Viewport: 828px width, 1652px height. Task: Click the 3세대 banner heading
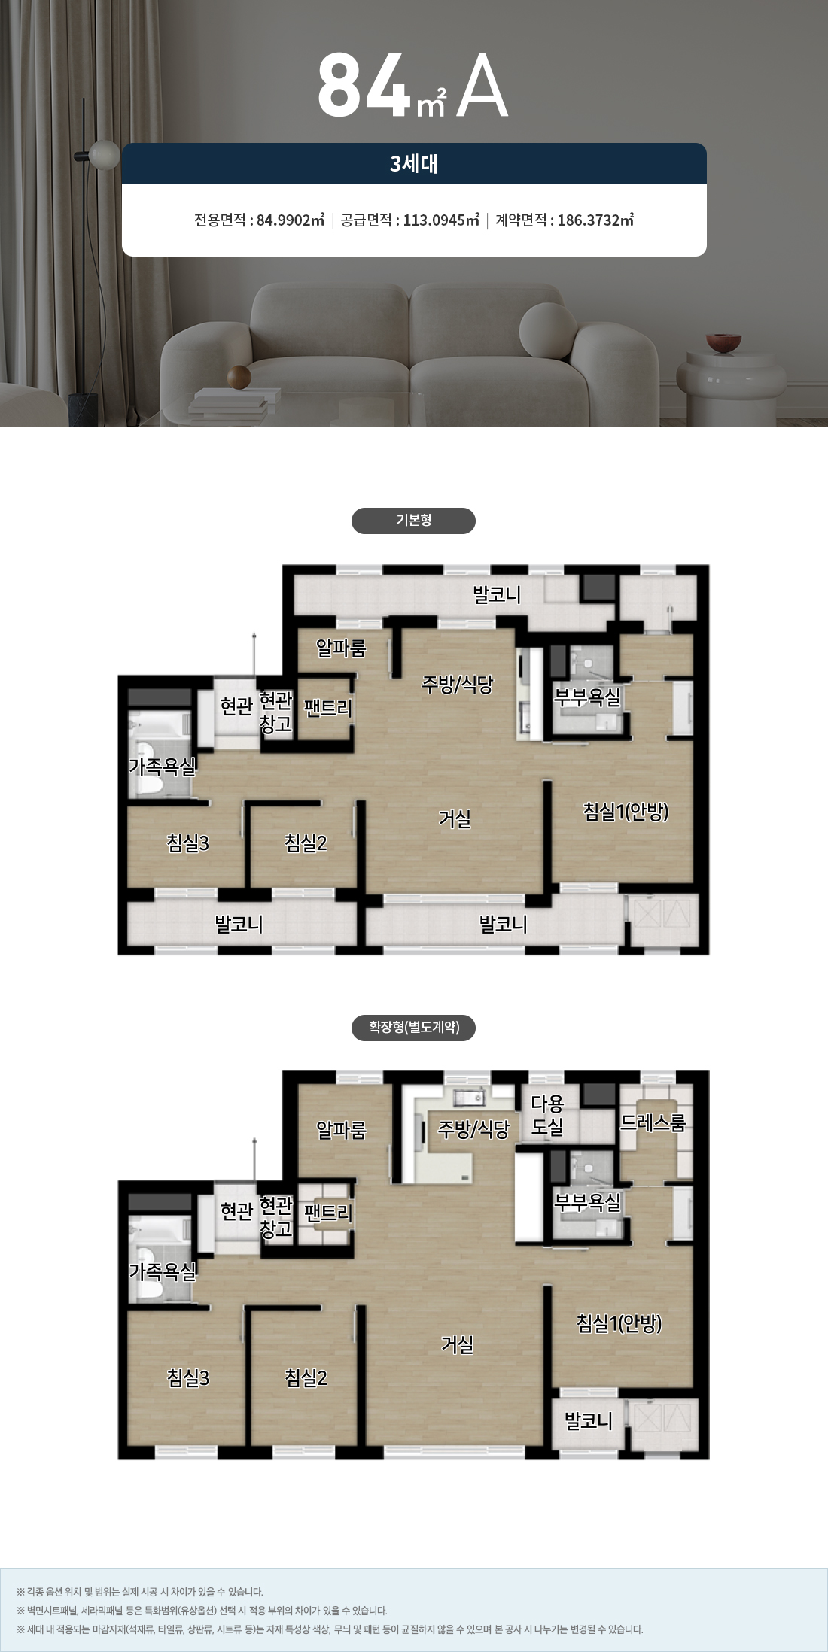tap(414, 163)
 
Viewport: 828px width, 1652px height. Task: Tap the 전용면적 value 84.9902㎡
tap(291, 220)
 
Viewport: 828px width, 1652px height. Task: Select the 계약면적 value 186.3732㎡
tap(595, 220)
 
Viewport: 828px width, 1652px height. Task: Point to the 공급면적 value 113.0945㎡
tap(441, 220)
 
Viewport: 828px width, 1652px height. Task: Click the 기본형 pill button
tap(413, 521)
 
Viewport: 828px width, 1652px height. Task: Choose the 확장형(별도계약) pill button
tap(413, 1028)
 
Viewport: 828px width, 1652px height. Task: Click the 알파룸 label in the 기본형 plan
tap(341, 648)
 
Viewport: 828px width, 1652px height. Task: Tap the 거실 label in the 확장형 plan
tap(457, 1344)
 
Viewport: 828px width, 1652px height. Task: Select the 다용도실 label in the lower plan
tap(547, 1115)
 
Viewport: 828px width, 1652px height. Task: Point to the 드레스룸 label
tap(653, 1122)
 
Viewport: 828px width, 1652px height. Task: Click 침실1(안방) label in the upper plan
tap(626, 812)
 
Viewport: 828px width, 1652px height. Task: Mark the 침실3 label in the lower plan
tap(188, 1377)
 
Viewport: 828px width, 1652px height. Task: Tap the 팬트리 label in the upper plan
tap(328, 708)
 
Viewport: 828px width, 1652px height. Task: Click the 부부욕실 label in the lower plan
tap(587, 1203)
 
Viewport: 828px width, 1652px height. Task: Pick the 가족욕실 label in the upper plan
tap(163, 767)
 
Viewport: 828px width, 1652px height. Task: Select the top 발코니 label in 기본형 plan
tap(497, 595)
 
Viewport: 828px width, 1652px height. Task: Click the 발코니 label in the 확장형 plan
tap(589, 1421)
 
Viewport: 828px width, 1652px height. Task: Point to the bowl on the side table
tap(723, 343)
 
